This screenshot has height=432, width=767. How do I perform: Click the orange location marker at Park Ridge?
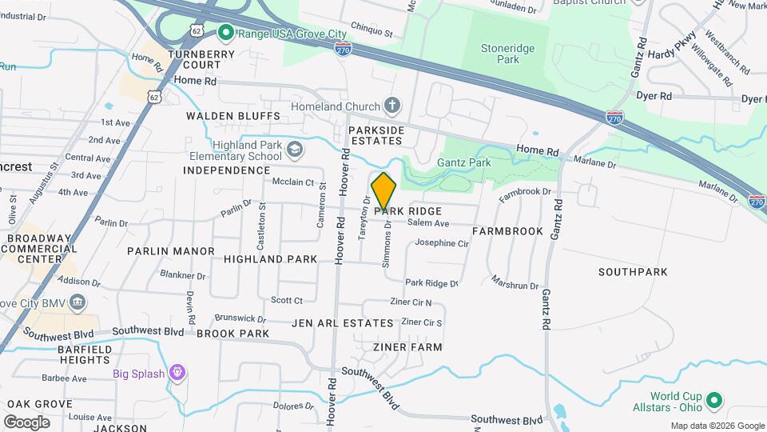(384, 192)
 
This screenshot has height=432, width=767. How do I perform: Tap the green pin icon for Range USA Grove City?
(225, 33)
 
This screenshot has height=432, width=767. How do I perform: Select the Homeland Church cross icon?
(391, 106)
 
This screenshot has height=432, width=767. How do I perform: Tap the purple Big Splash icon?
(177, 373)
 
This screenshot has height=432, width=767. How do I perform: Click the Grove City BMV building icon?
(77, 302)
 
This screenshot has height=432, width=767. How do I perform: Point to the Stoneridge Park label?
(500, 54)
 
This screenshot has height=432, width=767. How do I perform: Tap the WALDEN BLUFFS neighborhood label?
(233, 116)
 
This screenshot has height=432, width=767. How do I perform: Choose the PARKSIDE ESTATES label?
(376, 135)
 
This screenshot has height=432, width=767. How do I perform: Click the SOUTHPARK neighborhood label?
(633, 272)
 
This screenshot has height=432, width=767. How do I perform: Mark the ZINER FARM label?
(407, 347)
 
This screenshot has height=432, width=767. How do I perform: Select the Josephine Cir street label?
(441, 243)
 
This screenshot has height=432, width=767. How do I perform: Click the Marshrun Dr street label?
(515, 282)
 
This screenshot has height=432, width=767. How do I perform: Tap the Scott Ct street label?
(287, 301)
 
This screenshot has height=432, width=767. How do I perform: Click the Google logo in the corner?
(26, 422)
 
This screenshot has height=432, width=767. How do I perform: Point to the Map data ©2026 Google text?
(717, 426)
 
